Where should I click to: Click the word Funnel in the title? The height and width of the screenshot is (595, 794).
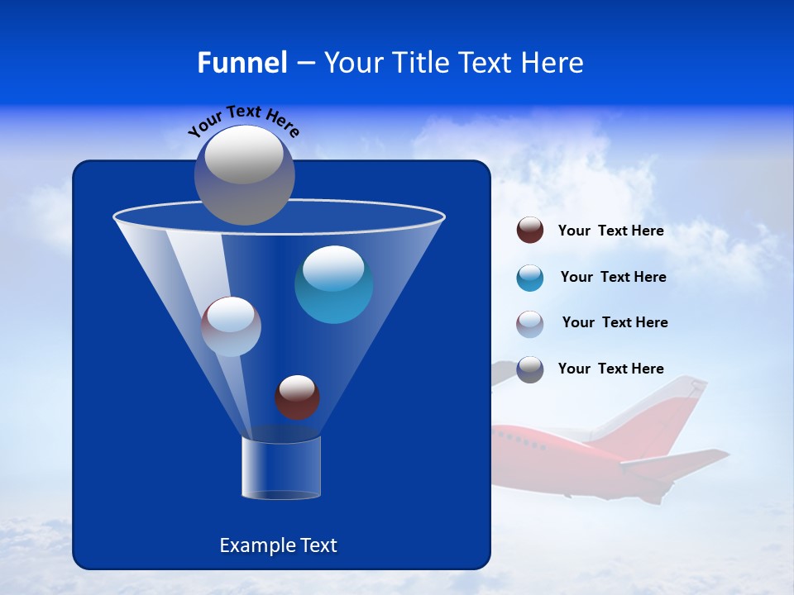tap(242, 63)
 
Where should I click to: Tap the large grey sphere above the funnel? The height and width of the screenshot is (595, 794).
tap(245, 174)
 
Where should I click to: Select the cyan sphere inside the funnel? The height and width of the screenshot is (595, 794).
tap(333, 284)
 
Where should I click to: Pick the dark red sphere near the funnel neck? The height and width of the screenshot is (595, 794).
tap(297, 397)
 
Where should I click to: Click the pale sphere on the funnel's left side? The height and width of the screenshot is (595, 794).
tap(231, 326)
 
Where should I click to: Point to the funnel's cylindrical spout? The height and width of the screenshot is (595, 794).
tap(281, 468)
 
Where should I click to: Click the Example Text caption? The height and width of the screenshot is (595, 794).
tap(279, 545)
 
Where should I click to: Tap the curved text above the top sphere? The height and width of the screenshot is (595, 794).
tap(244, 119)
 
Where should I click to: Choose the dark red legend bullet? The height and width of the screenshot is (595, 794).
tap(530, 231)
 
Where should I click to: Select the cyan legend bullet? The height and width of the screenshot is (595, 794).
tap(530, 278)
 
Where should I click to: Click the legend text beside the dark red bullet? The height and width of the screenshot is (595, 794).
tap(610, 231)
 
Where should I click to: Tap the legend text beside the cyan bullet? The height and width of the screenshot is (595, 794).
tap(613, 277)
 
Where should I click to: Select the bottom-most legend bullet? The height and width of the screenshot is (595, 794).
tap(530, 369)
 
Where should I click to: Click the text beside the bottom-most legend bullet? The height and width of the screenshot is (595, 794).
tap(610, 369)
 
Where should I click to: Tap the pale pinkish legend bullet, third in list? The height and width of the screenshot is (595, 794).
tap(530, 324)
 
